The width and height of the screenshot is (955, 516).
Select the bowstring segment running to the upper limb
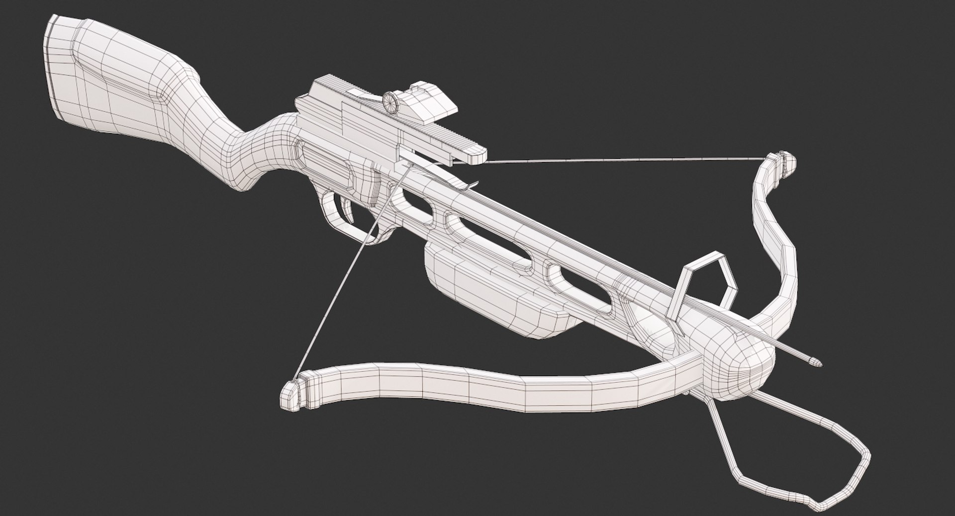[x=622, y=160]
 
